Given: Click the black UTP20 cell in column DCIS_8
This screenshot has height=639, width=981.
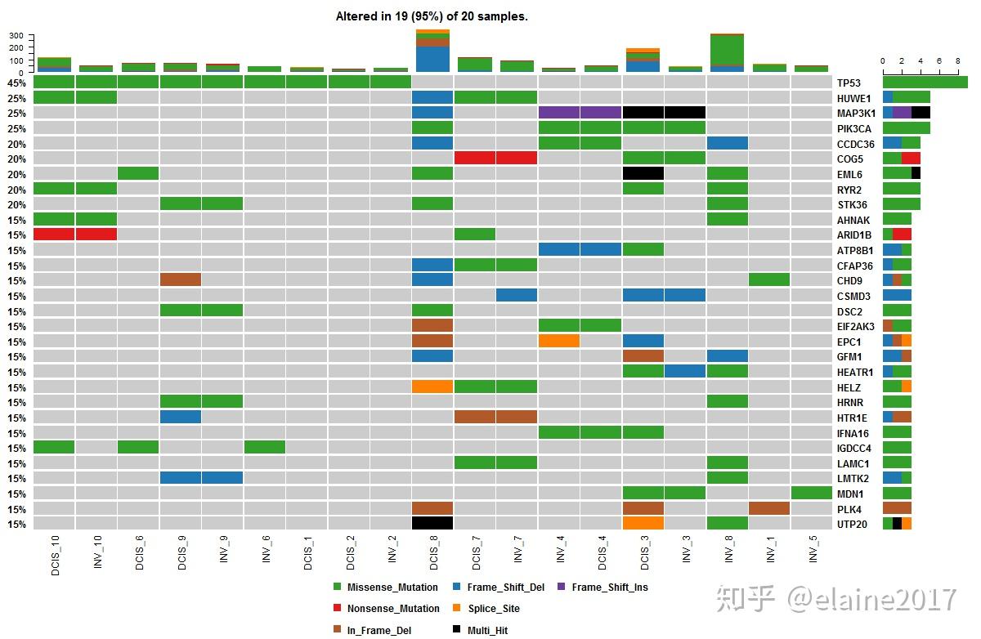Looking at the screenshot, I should [x=432, y=523].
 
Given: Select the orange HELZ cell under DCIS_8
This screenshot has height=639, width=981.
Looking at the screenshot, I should [x=432, y=387].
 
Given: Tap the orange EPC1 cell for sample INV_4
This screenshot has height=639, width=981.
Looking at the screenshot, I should [x=559, y=341].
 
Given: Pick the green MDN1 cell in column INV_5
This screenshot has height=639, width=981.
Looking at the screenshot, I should [x=812, y=493].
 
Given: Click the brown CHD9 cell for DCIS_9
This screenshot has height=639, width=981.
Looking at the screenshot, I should [x=181, y=279].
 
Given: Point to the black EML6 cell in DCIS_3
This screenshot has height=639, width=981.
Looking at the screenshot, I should [x=643, y=173].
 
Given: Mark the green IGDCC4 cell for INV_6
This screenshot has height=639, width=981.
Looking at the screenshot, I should [x=265, y=447].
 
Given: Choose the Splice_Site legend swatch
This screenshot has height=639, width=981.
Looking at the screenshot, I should [x=456, y=609].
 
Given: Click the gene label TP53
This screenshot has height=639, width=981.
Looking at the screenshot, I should [x=849, y=83].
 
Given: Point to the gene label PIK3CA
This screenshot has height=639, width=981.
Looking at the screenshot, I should [x=853, y=128].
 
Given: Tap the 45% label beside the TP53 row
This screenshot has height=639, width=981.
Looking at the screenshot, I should [x=16, y=83].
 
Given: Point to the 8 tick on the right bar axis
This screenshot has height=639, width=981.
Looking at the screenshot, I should [x=957, y=61].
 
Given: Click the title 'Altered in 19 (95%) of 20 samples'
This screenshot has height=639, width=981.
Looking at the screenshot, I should [x=432, y=16].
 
